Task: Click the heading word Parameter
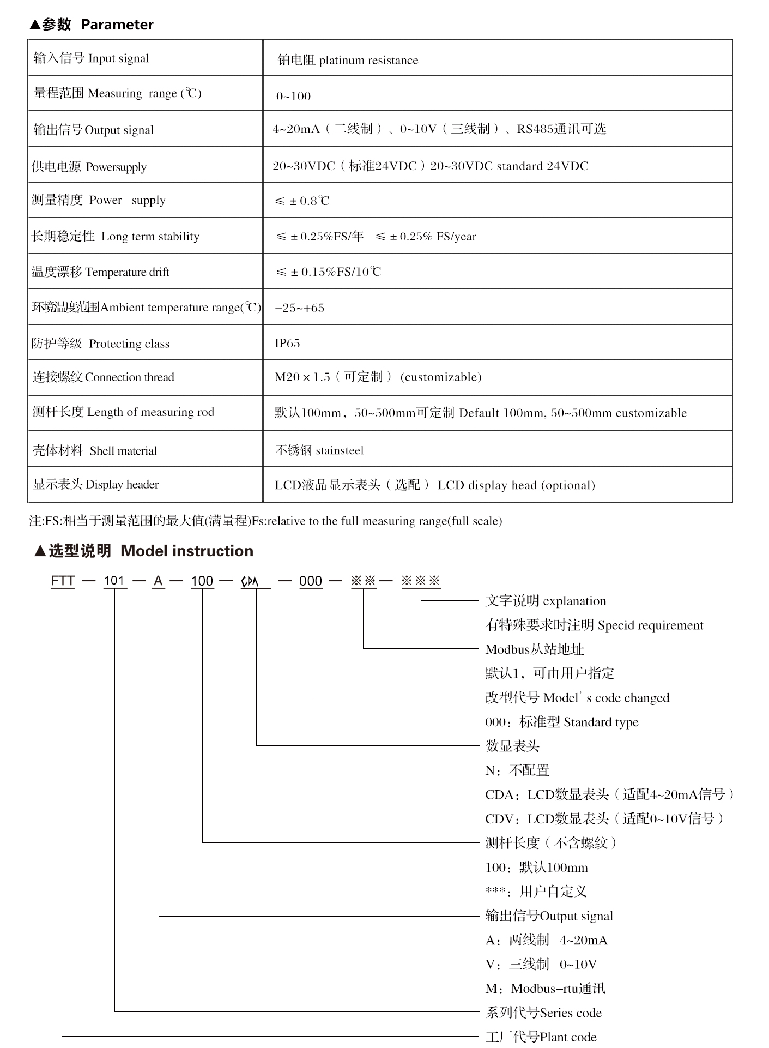[x=117, y=25]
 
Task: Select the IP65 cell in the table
[x=287, y=343]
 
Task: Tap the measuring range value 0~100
[x=293, y=97]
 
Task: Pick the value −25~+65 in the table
[x=299, y=308]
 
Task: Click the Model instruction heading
[x=186, y=551]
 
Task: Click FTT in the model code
[x=63, y=581]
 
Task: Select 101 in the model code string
[x=114, y=581]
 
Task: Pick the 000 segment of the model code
[x=311, y=581]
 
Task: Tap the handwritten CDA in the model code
[x=250, y=582]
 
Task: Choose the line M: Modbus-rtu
[x=545, y=989]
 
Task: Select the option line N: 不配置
[x=517, y=770]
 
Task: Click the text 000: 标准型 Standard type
[x=561, y=722]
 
